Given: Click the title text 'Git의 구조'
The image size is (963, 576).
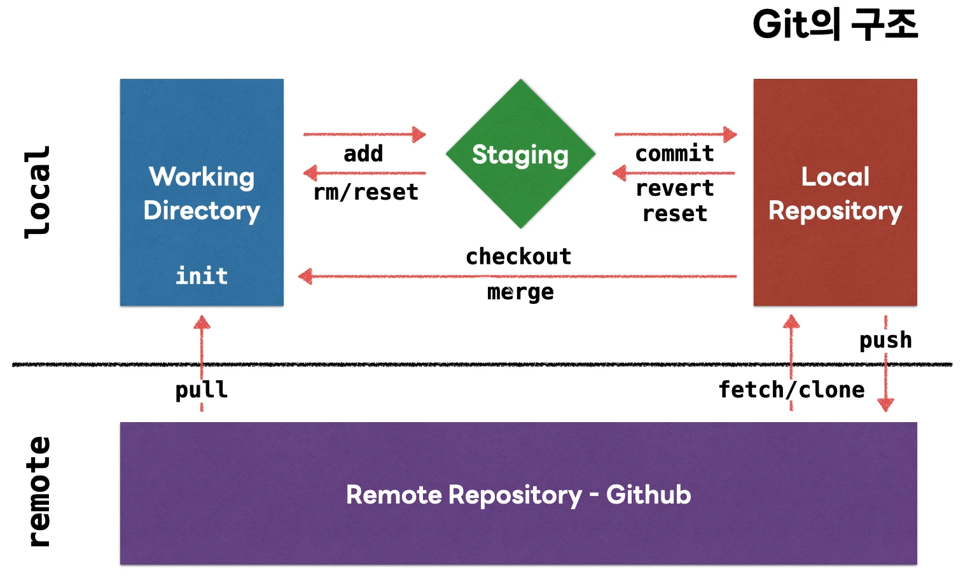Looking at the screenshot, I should click(x=835, y=25).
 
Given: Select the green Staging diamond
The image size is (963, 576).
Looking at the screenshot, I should click(x=520, y=154).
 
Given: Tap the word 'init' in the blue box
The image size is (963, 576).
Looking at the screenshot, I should click(x=202, y=276).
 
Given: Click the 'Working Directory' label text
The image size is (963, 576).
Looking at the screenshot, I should click(x=202, y=193).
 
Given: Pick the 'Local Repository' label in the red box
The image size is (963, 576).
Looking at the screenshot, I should click(x=835, y=193).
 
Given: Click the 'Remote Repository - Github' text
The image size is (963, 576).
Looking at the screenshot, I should click(x=518, y=495).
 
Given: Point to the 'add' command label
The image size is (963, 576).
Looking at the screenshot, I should click(x=363, y=154).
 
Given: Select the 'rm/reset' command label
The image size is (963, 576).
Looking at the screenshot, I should click(x=366, y=192).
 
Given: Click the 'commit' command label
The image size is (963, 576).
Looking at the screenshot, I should click(x=674, y=153).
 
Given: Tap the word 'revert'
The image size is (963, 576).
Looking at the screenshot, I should click(x=674, y=188).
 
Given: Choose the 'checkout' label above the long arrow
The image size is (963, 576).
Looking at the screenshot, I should click(x=518, y=257).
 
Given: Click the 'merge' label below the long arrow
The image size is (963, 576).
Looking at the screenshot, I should click(x=520, y=292).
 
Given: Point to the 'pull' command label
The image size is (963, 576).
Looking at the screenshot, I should click(x=202, y=390).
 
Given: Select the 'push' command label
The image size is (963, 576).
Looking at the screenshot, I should click(x=885, y=340).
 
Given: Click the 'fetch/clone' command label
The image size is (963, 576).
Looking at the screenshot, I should click(x=791, y=390).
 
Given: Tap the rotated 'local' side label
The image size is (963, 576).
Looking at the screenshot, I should click(x=38, y=192).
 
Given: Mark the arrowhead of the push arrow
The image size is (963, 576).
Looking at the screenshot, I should click(x=885, y=404).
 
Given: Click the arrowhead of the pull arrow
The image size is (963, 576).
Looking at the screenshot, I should click(x=202, y=322).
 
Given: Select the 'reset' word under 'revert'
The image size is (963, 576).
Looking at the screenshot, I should click(x=674, y=214).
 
